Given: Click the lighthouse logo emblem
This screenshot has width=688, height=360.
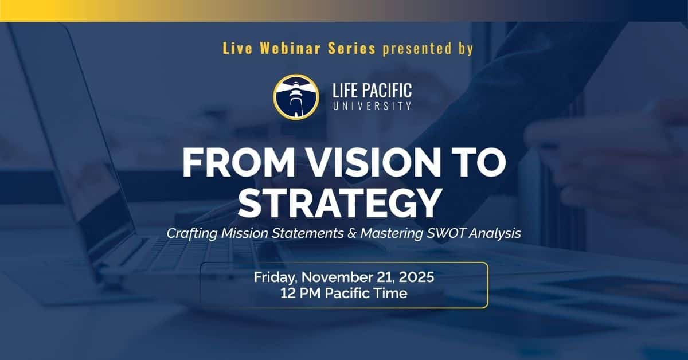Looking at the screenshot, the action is (x=296, y=97).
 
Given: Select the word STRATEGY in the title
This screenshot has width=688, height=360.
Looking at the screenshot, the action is (x=339, y=204).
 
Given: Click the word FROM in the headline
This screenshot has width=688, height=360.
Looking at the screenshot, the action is (x=239, y=163).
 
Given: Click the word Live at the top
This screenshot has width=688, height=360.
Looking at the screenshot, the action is (x=237, y=49).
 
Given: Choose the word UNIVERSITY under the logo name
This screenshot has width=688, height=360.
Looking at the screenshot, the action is (x=372, y=106).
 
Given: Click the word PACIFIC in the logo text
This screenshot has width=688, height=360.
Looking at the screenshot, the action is (x=388, y=90).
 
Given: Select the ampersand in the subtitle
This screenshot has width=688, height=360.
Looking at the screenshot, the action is (x=352, y=233).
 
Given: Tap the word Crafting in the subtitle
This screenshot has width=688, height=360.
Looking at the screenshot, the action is (x=192, y=234).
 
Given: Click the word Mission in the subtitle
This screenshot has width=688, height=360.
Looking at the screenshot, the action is (x=244, y=233).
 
